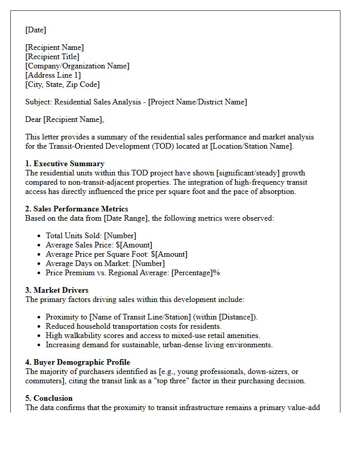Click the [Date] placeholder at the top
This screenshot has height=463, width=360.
click(35, 30)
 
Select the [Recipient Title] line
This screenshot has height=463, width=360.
click(52, 57)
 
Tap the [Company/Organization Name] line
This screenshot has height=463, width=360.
click(77, 66)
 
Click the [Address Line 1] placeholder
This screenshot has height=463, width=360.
click(53, 75)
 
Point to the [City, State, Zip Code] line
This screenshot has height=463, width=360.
click(62, 84)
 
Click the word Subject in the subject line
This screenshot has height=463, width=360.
click(38, 102)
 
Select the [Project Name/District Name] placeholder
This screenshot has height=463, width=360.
click(197, 102)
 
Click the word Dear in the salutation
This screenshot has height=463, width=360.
click(33, 119)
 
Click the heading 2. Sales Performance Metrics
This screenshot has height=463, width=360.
click(77, 209)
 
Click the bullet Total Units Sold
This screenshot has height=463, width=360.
click(74, 236)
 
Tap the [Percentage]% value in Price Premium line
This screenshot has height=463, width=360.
click(195, 273)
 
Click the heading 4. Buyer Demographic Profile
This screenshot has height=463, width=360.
click(77, 362)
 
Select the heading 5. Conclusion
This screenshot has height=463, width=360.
click(49, 398)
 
